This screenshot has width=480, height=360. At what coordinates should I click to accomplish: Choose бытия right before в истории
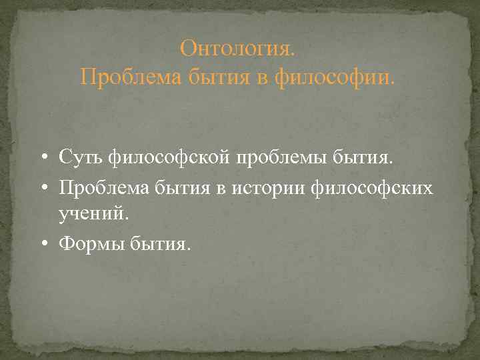(x=187, y=189)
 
